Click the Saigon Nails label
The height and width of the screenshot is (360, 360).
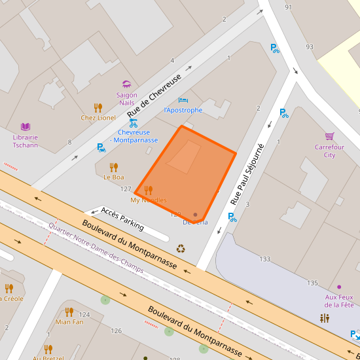pos(127,99)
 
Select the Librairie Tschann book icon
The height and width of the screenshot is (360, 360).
pos(26,126)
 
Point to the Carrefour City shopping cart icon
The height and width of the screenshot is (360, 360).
pos(329,136)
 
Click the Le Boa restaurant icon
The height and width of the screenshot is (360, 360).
pos(114,167)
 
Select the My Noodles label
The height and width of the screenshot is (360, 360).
pos(148,200)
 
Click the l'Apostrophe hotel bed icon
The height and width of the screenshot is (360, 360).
pos(183,100)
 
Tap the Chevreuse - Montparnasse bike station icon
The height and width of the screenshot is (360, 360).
pos(134,122)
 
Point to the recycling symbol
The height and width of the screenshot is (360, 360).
pos(181,249)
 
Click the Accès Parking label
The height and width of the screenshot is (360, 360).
pos(122,219)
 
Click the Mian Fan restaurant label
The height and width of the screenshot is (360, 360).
pos(69,321)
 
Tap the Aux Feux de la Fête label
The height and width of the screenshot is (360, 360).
pos(339,300)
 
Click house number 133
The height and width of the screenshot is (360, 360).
pos(264,259)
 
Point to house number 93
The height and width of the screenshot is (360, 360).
pos(310,47)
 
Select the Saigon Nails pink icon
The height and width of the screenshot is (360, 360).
pos(126,84)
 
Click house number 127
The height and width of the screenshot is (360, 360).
pos(126,189)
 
